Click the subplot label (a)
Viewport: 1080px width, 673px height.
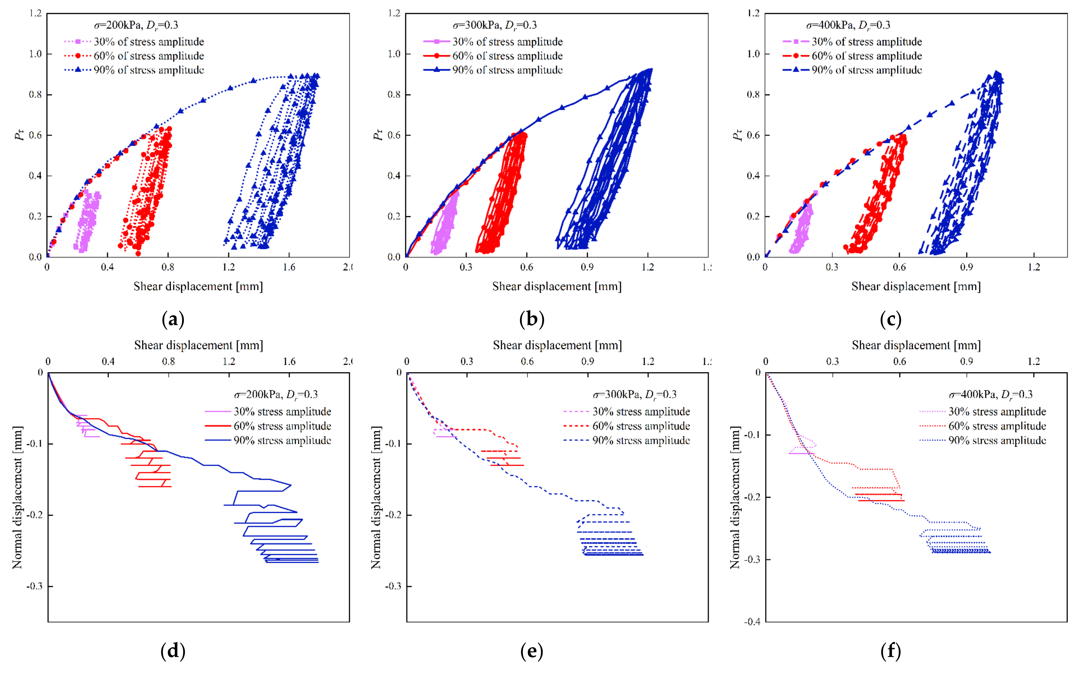point(173,320)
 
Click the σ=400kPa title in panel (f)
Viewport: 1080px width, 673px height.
point(990,394)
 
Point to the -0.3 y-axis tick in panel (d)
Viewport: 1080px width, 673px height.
point(34,586)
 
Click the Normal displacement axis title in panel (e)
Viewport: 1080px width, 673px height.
point(376,497)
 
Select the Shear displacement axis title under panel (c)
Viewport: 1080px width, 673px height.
point(916,286)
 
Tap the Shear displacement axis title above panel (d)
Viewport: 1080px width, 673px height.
point(198,345)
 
